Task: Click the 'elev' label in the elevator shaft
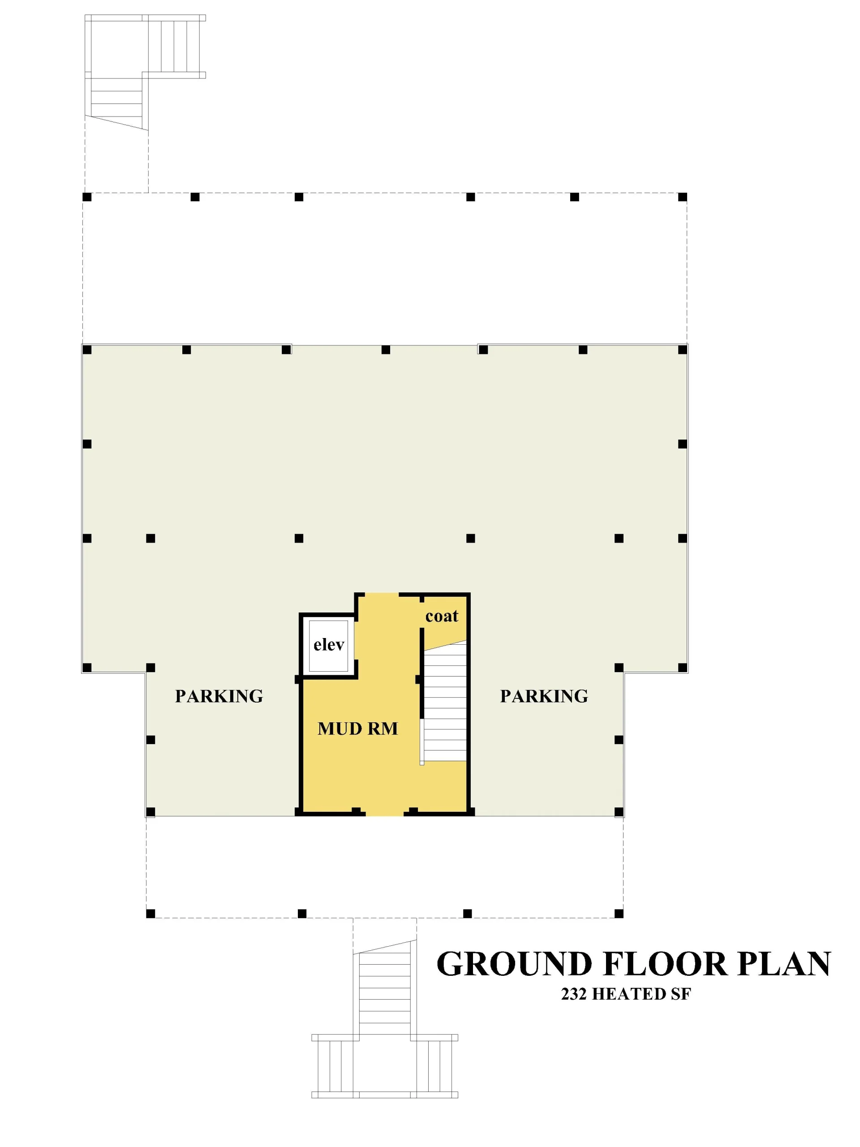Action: [x=329, y=645]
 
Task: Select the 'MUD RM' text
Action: [x=358, y=729]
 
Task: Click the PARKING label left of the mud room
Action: [x=219, y=696]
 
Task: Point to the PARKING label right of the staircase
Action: [x=544, y=696]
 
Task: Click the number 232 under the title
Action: [x=574, y=994]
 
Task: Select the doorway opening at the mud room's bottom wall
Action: [x=385, y=813]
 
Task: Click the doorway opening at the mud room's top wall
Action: [x=382, y=595]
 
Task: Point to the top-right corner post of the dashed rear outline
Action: [x=682, y=197]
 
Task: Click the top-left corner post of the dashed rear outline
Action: [x=87, y=197]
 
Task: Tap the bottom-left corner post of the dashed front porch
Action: [x=150, y=914]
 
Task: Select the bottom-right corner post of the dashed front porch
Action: [x=619, y=914]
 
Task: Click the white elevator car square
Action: [x=329, y=646]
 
